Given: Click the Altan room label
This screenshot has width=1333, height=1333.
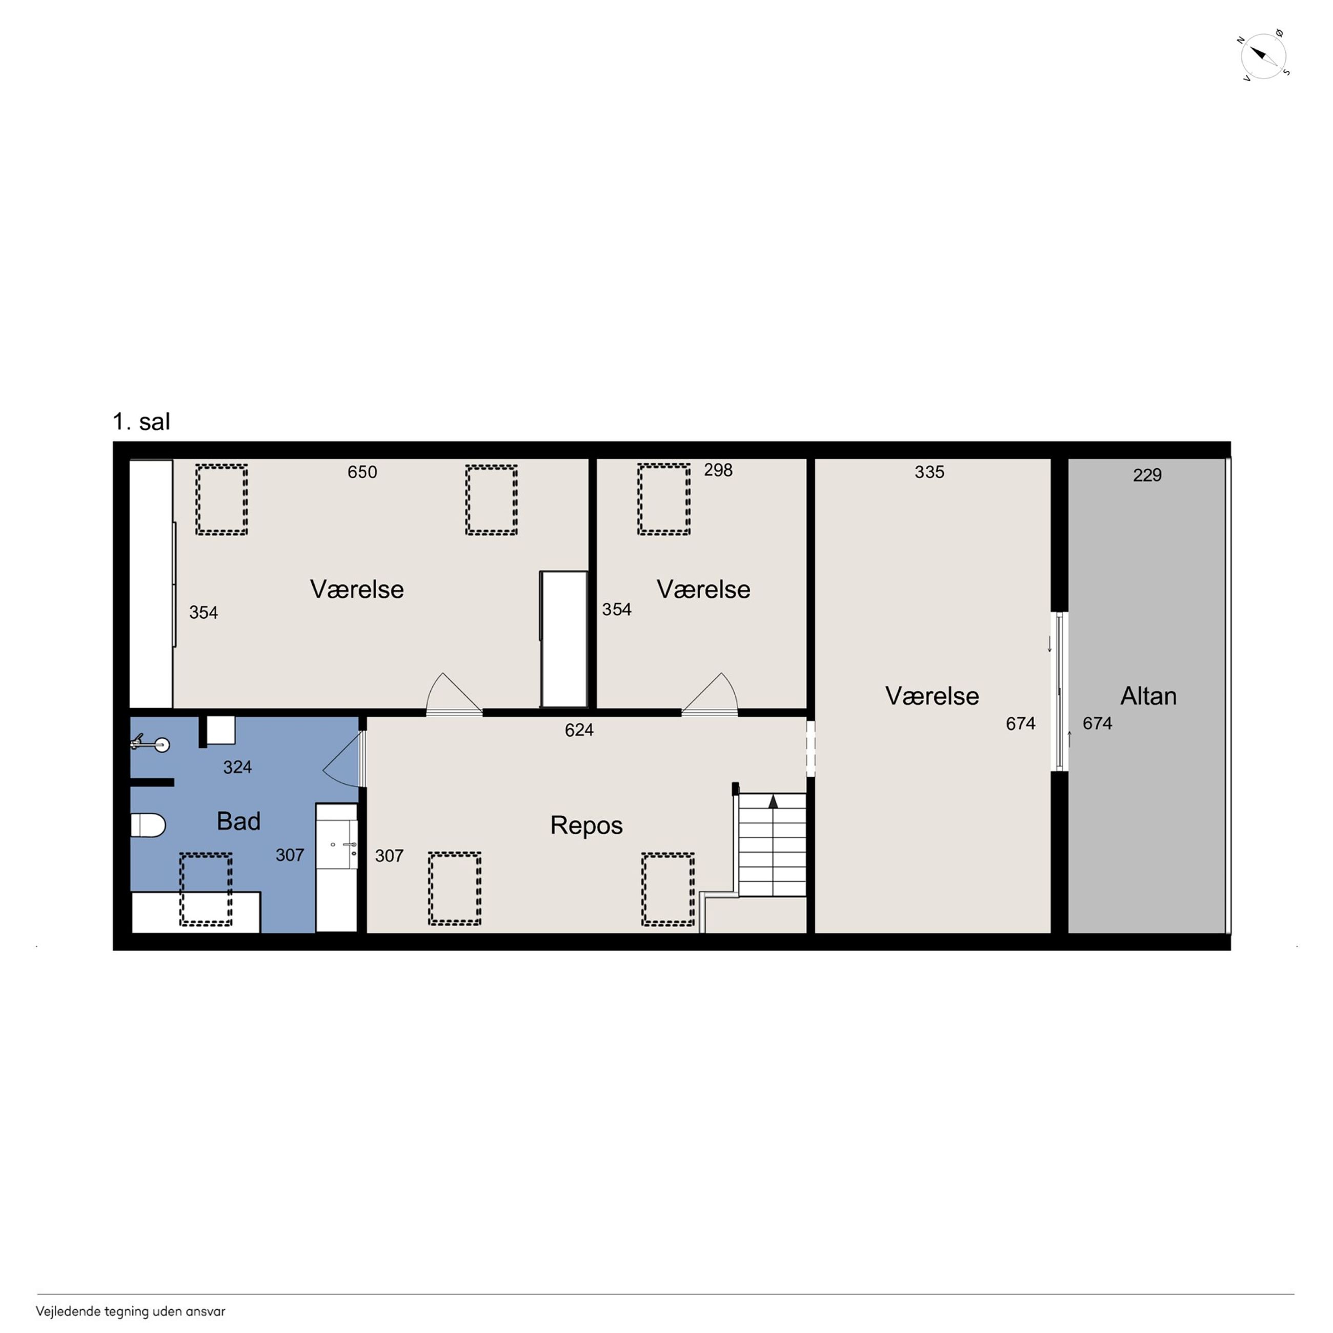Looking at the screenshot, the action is [1148, 696].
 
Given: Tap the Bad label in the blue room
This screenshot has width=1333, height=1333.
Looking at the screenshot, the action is [239, 821].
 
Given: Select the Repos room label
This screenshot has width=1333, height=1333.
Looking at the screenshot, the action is [587, 826].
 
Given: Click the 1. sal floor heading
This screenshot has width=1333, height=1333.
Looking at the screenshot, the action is [142, 421].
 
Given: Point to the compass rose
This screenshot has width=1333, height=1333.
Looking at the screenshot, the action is [1263, 56].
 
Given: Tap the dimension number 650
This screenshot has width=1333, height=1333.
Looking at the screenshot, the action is [362, 472].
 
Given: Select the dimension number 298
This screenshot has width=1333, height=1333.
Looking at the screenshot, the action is [718, 470].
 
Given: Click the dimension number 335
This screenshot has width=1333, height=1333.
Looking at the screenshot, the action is [930, 472].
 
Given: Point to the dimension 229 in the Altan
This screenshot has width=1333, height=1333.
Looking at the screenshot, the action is [1147, 475].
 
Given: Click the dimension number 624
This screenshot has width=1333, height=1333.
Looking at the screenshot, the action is [579, 730].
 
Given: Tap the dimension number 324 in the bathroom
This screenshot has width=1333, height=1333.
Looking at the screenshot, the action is [237, 767].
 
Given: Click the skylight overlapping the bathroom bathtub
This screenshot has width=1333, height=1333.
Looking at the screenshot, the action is [206, 890].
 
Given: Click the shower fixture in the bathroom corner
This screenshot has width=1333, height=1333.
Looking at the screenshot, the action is [150, 744].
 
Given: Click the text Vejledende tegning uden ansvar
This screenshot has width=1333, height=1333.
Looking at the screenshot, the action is [130, 1311].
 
